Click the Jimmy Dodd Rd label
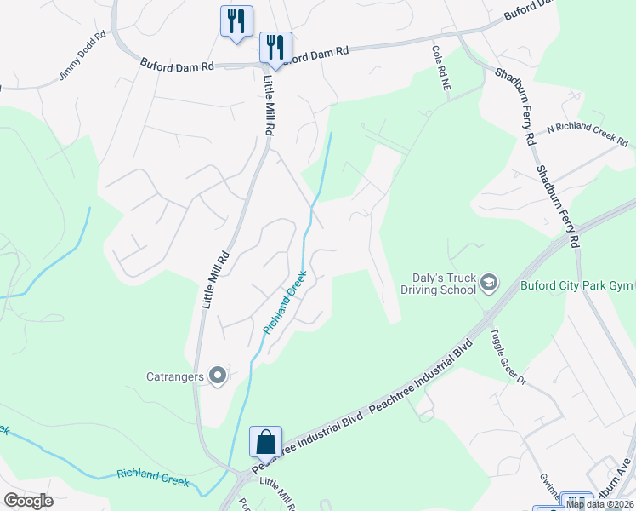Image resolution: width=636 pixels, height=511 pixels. (x=82, y=57)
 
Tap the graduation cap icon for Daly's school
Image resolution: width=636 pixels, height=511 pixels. (x=489, y=282)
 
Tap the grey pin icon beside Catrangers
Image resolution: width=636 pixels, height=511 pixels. (x=218, y=375)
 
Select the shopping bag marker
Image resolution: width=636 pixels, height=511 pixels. (x=265, y=442)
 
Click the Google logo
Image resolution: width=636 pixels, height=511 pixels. (x=28, y=501)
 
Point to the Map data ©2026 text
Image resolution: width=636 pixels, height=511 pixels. (x=599, y=504)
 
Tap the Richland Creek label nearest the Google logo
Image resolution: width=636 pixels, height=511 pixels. (x=152, y=476)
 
